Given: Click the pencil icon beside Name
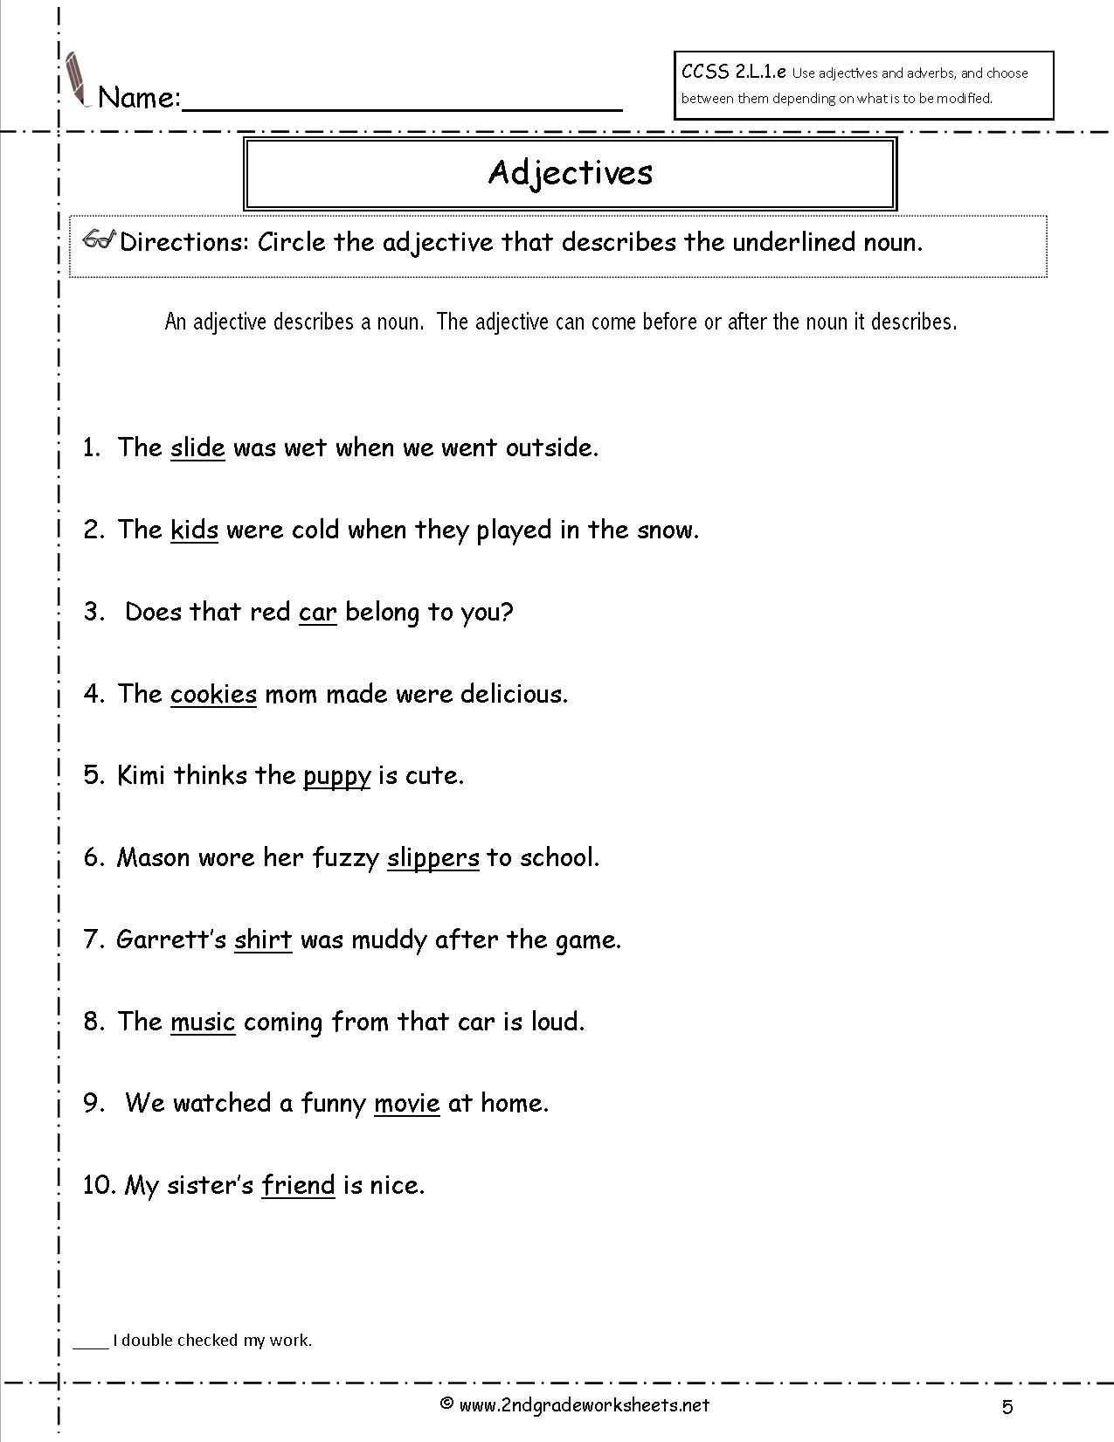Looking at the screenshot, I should tap(78, 80).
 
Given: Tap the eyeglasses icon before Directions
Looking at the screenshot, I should tap(100, 240).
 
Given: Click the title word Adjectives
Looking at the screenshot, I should tap(571, 172).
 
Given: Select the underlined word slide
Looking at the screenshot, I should tap(197, 447).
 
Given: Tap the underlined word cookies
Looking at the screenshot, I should tap(213, 694).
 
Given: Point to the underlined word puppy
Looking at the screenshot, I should tap(337, 776).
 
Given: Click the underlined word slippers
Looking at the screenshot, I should tap(433, 858).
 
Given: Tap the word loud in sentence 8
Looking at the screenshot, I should tap(557, 1021).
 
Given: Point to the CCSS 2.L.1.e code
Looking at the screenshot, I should tap(734, 73).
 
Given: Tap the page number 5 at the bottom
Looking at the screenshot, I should tap(1007, 1406).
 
